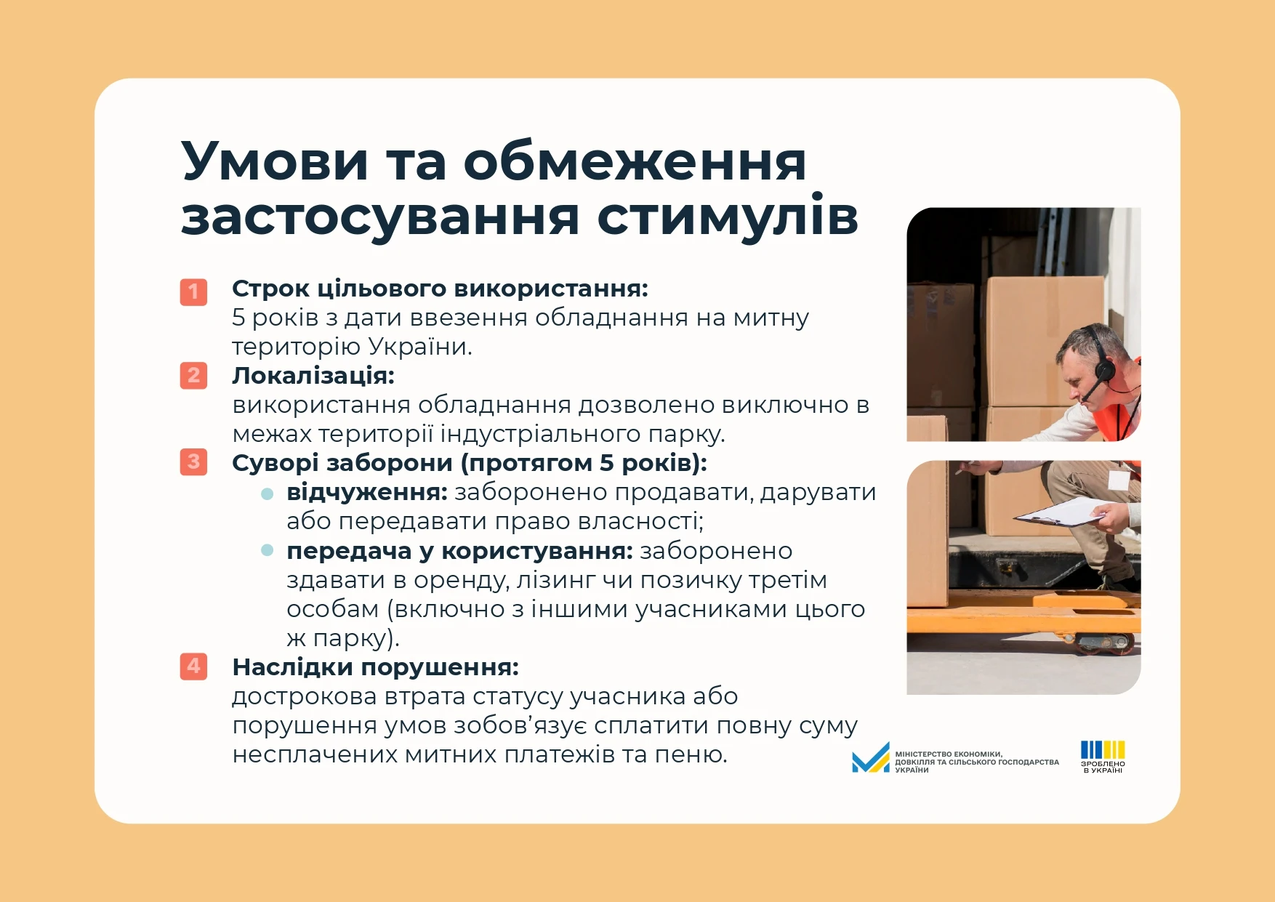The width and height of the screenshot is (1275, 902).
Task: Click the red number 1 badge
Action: (193, 292)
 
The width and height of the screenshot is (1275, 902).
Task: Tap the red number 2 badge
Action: (193, 376)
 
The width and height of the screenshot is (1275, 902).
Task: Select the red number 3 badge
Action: (193, 462)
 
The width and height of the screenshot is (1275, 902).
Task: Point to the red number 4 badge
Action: (193, 666)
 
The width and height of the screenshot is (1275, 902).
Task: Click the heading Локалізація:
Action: (313, 376)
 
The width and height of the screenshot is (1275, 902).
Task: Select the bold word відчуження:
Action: (367, 492)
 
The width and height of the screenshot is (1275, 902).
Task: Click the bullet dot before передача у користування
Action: (268, 550)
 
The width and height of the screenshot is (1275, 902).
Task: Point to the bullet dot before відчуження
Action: (268, 494)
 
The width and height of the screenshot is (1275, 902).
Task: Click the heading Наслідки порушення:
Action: (376, 667)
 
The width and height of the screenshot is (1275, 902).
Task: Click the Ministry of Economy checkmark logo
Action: (871, 757)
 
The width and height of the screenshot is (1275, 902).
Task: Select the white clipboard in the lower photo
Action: (1061, 512)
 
